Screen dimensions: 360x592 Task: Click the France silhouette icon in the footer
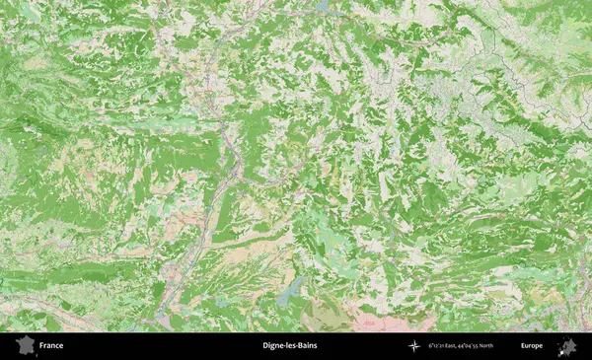pyautogui.click(x=21, y=345)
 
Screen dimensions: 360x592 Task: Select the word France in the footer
pyautogui.click(x=51, y=346)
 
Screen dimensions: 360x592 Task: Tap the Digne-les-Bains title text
pyautogui.click(x=290, y=346)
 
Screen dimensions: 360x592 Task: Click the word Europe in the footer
pyautogui.click(x=532, y=346)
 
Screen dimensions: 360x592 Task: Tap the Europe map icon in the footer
pyautogui.click(x=567, y=345)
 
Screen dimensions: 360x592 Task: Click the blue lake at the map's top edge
pyautogui.click(x=322, y=6)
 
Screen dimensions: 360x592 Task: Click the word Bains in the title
pyautogui.click(x=307, y=346)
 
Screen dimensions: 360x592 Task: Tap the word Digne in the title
pyautogui.click(x=273, y=346)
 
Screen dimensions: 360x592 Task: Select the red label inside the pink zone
pyautogui.click(x=370, y=322)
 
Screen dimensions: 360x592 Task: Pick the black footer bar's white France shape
pyautogui.click(x=21, y=345)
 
